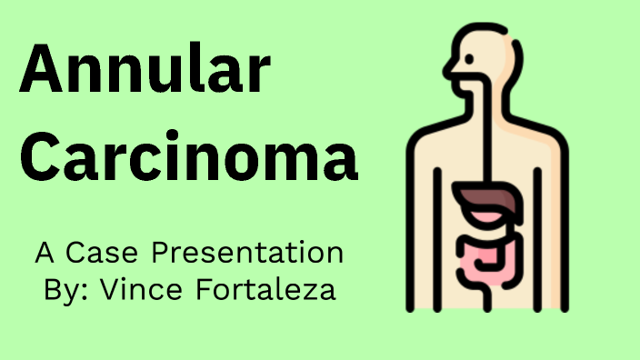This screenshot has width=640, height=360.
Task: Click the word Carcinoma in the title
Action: pos(188,157)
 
